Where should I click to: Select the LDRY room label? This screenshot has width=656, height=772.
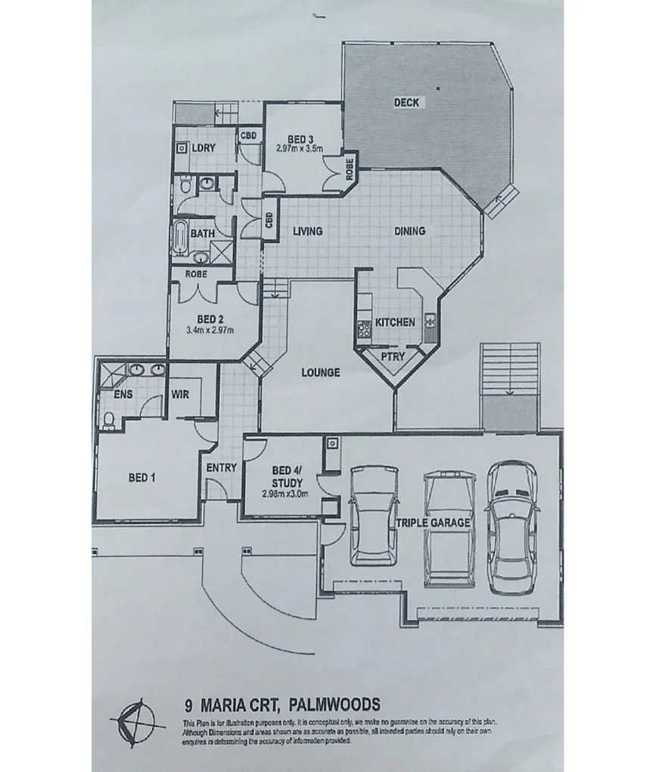tap(204, 148)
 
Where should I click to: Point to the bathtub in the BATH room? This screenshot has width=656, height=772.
tap(181, 238)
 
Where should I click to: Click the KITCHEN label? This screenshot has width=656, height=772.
tap(396, 322)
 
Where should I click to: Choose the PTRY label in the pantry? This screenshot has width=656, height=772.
tap(393, 356)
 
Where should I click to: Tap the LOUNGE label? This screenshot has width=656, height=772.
tap(320, 372)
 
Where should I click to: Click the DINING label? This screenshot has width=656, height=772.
tap(409, 231)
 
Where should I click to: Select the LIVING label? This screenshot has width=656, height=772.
tap(308, 231)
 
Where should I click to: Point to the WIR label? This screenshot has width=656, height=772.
tap(180, 394)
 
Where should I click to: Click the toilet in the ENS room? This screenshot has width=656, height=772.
tap(109, 421)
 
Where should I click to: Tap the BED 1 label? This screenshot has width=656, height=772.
tap(142, 478)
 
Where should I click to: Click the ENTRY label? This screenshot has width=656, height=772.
tap(221, 468)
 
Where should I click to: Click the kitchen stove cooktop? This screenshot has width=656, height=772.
tap(363, 328)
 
